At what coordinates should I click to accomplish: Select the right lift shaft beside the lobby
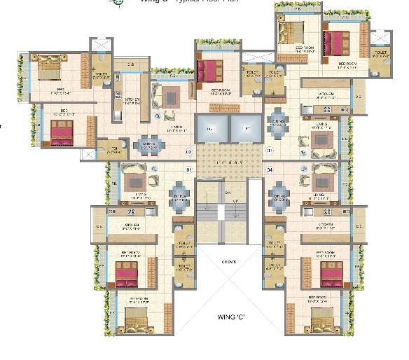point(245,130)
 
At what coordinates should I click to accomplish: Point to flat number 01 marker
point(188,169)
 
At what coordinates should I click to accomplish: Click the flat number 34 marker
point(269,169)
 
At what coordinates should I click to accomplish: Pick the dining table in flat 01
point(180,200)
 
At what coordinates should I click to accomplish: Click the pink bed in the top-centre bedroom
point(209,70)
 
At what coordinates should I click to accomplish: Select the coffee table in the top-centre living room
point(171,95)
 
